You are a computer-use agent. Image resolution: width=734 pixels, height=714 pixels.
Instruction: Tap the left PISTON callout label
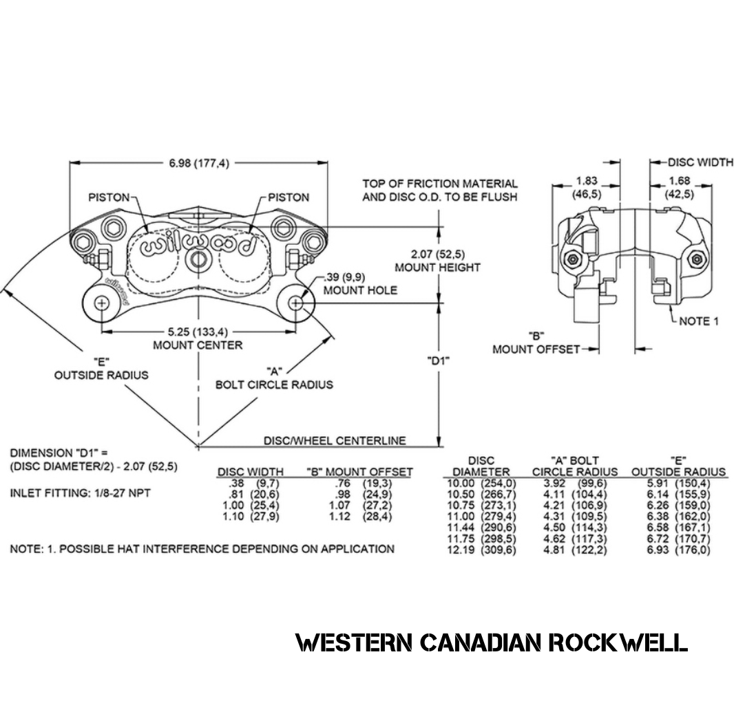(x=109, y=197)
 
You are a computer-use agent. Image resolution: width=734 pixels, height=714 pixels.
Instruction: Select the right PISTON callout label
(x=289, y=197)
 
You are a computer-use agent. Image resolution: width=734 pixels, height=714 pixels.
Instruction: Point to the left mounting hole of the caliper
(x=102, y=303)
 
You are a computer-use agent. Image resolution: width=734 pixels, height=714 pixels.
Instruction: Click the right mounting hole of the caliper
(x=295, y=303)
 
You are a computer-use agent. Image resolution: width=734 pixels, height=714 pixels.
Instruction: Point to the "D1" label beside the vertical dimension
(x=438, y=360)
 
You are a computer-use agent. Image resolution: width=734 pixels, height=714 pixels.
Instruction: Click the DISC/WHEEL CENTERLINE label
(x=335, y=441)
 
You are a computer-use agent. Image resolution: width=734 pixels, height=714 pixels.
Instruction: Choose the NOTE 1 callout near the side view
(x=698, y=321)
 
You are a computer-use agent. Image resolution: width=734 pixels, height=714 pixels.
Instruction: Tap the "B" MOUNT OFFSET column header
(x=359, y=472)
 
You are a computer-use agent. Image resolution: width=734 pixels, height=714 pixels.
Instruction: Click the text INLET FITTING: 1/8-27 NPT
(x=81, y=494)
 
